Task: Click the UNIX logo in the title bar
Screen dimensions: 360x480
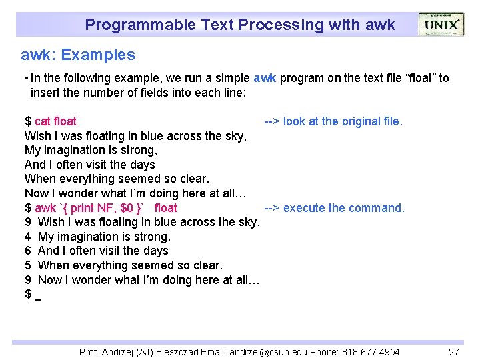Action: point(441,25)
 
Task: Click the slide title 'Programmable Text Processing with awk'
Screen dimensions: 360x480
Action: point(239,25)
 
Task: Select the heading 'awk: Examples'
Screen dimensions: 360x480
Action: point(78,55)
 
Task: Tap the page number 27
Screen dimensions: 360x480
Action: point(453,351)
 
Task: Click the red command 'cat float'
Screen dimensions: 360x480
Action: point(55,121)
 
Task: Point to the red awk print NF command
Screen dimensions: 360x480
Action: point(106,208)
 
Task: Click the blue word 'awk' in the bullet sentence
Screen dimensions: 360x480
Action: point(265,79)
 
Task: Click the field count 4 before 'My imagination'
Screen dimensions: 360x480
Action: point(28,237)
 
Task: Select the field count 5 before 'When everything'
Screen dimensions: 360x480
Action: point(28,265)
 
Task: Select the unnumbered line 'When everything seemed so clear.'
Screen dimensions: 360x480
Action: point(117,179)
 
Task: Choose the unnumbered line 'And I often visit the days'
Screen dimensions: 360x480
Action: point(89,165)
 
